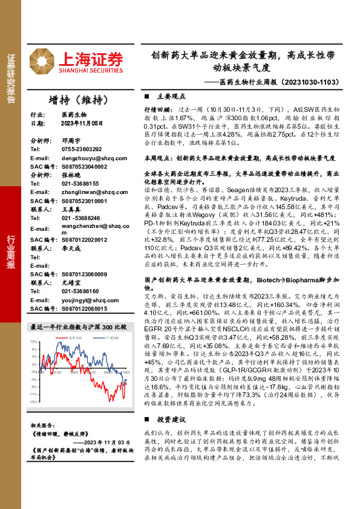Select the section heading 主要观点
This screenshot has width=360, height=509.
[169, 96]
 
